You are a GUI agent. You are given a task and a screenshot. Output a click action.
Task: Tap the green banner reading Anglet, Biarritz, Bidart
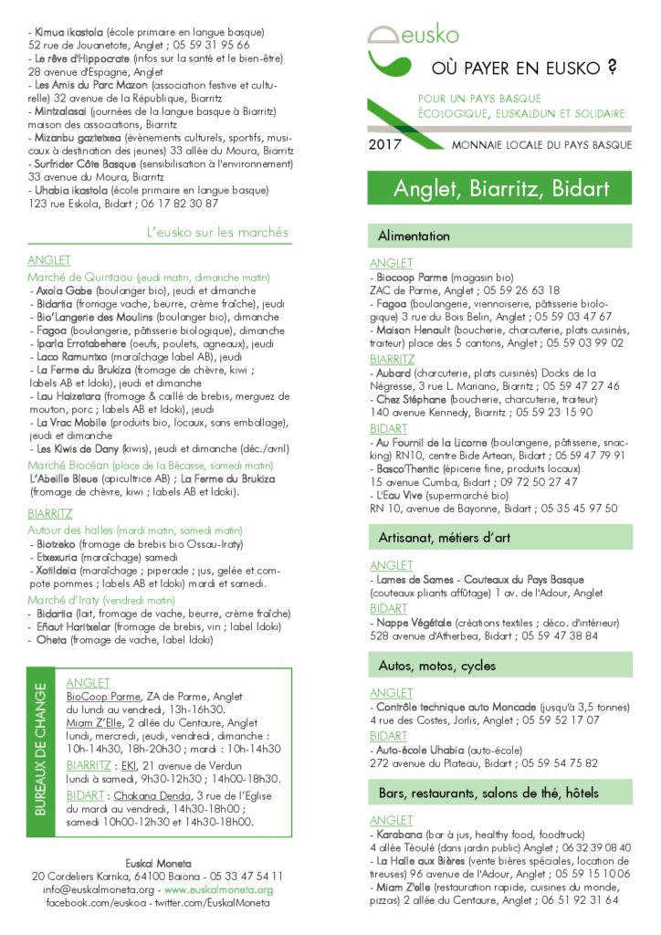coord(500,189)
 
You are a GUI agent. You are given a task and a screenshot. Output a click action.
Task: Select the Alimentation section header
coord(414,236)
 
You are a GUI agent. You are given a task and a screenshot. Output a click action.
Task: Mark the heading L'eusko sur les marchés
coord(217,232)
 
